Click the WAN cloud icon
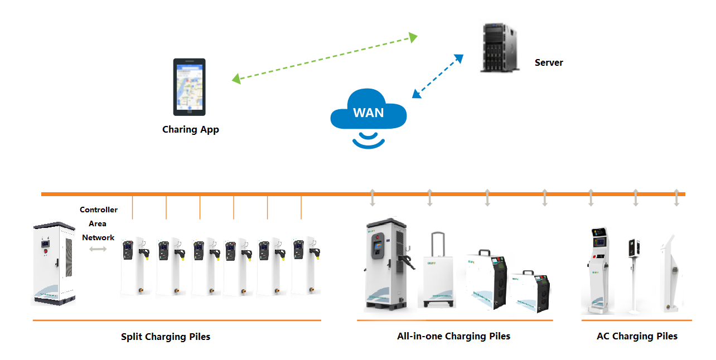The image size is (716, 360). (x=368, y=110)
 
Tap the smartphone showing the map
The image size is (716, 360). (x=189, y=87)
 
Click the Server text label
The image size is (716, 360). (x=549, y=62)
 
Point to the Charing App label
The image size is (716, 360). (x=191, y=129)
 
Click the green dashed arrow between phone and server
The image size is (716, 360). (x=325, y=59)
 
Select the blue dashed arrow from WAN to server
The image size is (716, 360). (x=438, y=76)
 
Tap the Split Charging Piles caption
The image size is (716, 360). (x=166, y=337)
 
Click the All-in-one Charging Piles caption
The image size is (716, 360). (x=453, y=336)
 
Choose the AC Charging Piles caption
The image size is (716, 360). (x=637, y=336)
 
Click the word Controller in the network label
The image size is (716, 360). (x=99, y=210)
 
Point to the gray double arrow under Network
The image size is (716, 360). (x=98, y=249)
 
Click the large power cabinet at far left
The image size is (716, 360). (x=54, y=263)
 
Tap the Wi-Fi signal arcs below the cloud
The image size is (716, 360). (x=368, y=139)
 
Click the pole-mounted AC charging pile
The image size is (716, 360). (x=634, y=273)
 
